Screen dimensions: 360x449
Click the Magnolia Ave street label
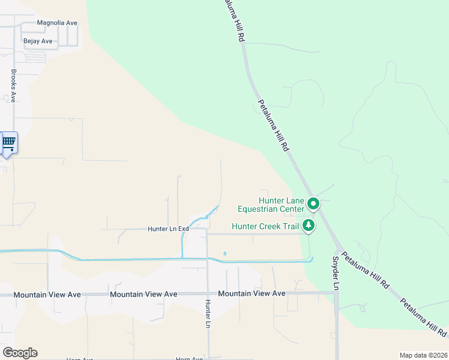click(x=57, y=23)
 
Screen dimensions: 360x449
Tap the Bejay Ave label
click(x=38, y=41)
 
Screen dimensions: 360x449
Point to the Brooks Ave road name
click(x=13, y=85)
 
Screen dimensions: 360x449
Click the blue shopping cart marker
click(x=8, y=143)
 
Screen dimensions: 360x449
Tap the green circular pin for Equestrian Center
click(x=313, y=205)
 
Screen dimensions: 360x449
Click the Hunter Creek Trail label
click(x=265, y=227)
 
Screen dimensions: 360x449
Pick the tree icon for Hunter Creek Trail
click(x=309, y=226)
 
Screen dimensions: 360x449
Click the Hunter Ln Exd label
click(x=169, y=229)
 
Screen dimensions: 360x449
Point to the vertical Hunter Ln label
click(x=208, y=313)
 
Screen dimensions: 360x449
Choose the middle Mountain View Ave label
click(x=144, y=294)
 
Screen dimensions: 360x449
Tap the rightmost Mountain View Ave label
click(x=252, y=293)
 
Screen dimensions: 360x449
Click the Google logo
click(x=20, y=353)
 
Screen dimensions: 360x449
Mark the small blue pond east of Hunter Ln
click(x=224, y=253)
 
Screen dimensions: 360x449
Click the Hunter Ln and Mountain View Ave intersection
click(x=208, y=294)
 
